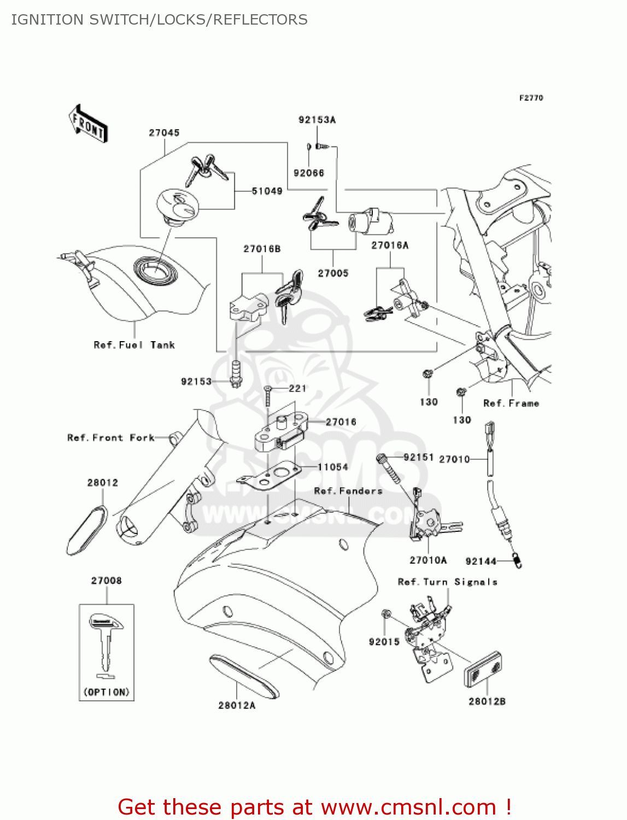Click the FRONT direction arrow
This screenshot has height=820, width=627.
(x=88, y=124)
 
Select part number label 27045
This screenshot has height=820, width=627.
(x=164, y=133)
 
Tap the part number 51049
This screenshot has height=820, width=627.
(x=267, y=191)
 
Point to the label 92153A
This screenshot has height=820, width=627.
(x=317, y=120)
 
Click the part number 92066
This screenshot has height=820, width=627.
(x=309, y=173)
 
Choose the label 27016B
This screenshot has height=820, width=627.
(x=262, y=249)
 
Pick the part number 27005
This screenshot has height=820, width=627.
(x=333, y=273)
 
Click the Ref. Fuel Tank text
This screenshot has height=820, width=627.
(x=134, y=345)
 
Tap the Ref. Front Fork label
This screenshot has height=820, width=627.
(x=111, y=438)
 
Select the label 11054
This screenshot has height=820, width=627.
(x=333, y=467)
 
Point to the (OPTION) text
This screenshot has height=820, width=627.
(x=107, y=692)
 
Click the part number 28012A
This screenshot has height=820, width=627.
(x=237, y=705)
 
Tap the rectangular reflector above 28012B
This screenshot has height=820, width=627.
(x=483, y=669)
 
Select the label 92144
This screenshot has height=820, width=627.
(x=480, y=561)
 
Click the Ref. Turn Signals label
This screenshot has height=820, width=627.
(x=448, y=582)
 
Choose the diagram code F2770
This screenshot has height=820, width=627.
(x=531, y=98)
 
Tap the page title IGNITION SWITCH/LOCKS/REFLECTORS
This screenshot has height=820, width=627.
(x=159, y=20)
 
